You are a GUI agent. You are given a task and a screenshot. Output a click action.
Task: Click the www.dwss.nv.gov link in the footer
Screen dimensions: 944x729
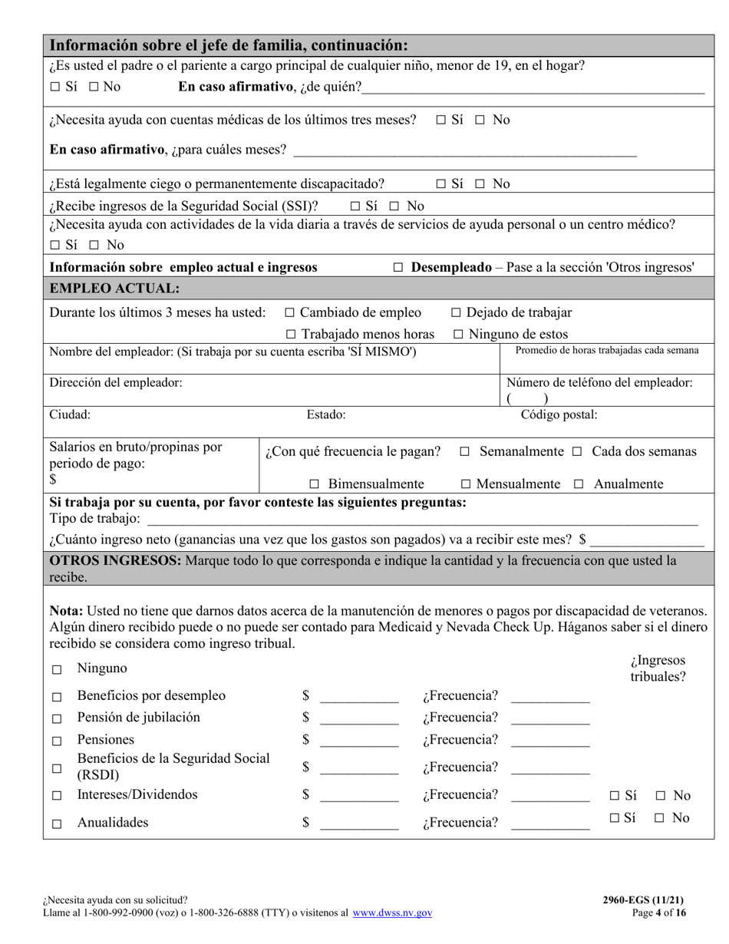392,913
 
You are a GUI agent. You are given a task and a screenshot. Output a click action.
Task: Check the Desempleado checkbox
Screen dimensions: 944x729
398,268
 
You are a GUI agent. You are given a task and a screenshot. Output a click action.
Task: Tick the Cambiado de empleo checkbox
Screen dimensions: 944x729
289,312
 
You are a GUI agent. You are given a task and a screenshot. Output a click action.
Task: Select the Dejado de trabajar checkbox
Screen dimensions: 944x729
456,312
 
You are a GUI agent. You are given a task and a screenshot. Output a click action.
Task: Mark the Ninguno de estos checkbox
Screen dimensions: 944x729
458,335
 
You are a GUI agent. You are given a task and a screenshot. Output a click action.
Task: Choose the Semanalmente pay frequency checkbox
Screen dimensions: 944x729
464,452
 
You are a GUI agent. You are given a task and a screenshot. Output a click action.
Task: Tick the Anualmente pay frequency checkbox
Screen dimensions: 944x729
579,484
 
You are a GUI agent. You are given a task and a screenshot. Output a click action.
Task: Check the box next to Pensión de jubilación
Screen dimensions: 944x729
57,719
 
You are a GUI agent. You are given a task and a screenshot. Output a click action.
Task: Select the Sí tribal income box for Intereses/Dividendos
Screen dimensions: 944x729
615,796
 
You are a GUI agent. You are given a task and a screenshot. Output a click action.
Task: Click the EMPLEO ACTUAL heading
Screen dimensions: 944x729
114,289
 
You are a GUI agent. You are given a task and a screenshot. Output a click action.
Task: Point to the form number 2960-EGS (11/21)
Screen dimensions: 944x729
643,900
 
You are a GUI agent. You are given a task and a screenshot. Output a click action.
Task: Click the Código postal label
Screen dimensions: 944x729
559,415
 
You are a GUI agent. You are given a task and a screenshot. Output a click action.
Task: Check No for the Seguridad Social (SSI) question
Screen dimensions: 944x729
394,206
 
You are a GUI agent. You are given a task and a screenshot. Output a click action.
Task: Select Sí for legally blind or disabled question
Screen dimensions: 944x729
441,183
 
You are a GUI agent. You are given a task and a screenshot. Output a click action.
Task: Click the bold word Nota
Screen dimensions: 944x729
66,612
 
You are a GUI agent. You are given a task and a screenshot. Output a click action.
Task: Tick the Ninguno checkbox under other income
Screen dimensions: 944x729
57,670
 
